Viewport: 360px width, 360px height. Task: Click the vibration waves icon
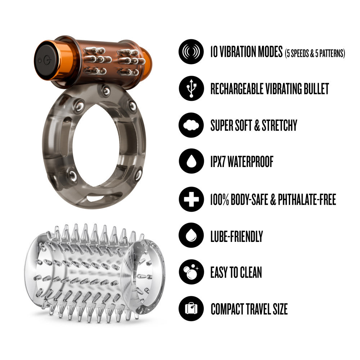click(x=191, y=51)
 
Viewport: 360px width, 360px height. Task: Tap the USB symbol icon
click(x=191, y=89)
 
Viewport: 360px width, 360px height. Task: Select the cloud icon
click(x=191, y=125)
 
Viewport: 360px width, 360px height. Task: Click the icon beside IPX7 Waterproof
click(x=191, y=161)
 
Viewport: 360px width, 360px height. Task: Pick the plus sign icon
click(x=191, y=199)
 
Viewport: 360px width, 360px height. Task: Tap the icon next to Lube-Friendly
click(x=191, y=235)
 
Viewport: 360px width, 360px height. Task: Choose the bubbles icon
click(x=191, y=272)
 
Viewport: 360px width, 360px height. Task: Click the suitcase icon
click(x=191, y=309)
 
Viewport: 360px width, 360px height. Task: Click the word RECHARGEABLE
click(x=237, y=89)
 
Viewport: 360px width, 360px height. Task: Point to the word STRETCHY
click(x=279, y=125)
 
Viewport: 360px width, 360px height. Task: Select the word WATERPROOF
click(x=250, y=162)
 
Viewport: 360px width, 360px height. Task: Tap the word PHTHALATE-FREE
click(x=307, y=199)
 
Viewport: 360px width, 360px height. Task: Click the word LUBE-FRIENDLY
click(x=237, y=236)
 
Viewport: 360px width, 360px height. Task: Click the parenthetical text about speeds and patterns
click(x=315, y=53)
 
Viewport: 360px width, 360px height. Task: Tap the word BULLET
click(x=316, y=89)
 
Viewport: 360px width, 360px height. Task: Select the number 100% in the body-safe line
click(x=220, y=199)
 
